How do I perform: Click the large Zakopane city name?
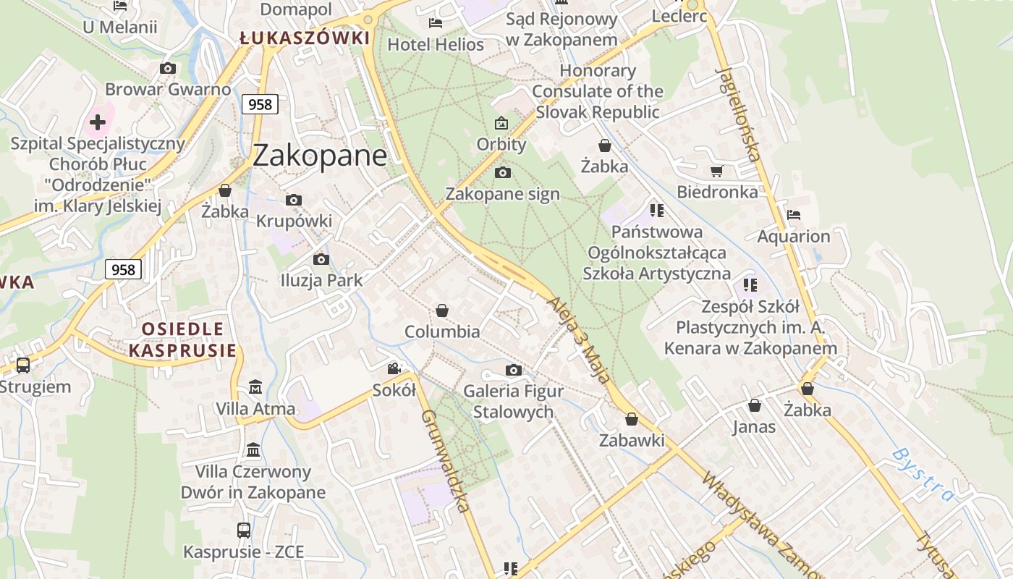click(320, 155)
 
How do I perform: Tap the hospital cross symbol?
click(98, 122)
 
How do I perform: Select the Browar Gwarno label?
click(168, 90)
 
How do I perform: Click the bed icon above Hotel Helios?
click(436, 23)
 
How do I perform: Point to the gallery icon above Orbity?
click(501, 124)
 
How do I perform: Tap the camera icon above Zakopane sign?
click(502, 172)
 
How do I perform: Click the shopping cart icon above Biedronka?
click(716, 172)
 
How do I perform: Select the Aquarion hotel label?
click(794, 236)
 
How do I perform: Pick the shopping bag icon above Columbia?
click(442, 310)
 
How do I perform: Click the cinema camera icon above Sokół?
click(394, 369)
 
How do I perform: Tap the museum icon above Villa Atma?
click(255, 387)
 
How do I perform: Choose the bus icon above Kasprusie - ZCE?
click(244, 531)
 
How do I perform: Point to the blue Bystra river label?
click(923, 474)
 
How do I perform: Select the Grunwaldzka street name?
click(444, 460)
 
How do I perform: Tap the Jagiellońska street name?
click(738, 113)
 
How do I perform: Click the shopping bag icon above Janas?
click(754, 405)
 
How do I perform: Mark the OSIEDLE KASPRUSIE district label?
click(182, 340)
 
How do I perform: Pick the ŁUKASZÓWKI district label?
click(305, 38)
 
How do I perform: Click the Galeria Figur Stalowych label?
click(513, 402)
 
